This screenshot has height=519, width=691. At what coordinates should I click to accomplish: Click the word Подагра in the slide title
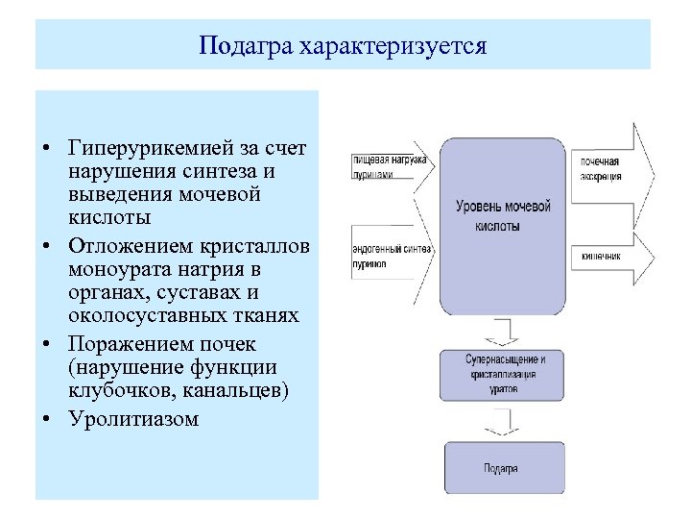[238, 46]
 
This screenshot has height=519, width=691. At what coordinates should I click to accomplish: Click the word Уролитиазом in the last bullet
[133, 418]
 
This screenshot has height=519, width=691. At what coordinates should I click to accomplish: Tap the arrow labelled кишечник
[611, 257]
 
